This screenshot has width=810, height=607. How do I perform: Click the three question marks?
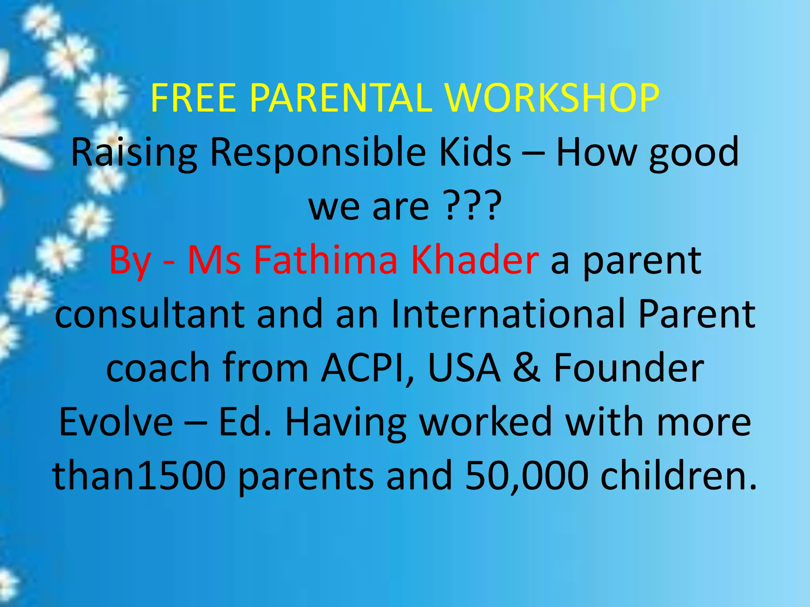coord(471,206)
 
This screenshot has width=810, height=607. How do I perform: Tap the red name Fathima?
coord(325,260)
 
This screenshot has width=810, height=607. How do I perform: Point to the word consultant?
coord(150,314)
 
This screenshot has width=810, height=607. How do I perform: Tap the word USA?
coord(464,368)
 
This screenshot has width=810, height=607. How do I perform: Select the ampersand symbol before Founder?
coord(526,368)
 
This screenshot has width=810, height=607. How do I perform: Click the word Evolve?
coord(115,422)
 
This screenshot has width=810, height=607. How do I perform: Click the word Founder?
coord(629,368)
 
